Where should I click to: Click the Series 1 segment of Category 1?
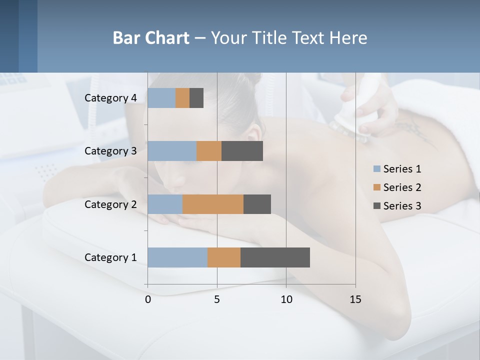[177, 257]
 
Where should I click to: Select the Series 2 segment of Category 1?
[224, 257]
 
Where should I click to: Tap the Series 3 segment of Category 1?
[275, 257]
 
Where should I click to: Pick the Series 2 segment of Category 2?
[213, 204]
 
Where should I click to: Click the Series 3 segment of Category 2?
[257, 204]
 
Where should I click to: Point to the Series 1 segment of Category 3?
[172, 151]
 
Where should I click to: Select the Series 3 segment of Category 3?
[242, 151]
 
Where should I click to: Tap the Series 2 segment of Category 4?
[182, 98]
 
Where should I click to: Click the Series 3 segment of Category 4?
[196, 98]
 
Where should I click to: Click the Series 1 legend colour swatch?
[377, 169]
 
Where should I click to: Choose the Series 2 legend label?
[402, 187]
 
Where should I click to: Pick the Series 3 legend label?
[402, 206]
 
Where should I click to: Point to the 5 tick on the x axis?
[217, 299]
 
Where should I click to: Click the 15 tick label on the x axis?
[355, 299]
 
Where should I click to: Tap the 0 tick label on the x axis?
[148, 299]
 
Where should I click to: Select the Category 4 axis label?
[110, 98]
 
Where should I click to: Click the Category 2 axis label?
[110, 204]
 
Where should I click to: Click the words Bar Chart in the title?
[151, 38]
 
